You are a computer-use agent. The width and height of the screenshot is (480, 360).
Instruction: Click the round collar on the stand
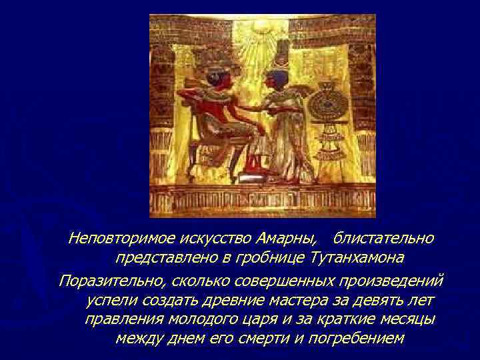click(329, 106)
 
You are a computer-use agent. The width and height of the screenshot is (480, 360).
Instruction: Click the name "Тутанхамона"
click(357, 257)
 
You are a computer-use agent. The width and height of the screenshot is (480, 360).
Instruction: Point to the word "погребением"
click(354, 338)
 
